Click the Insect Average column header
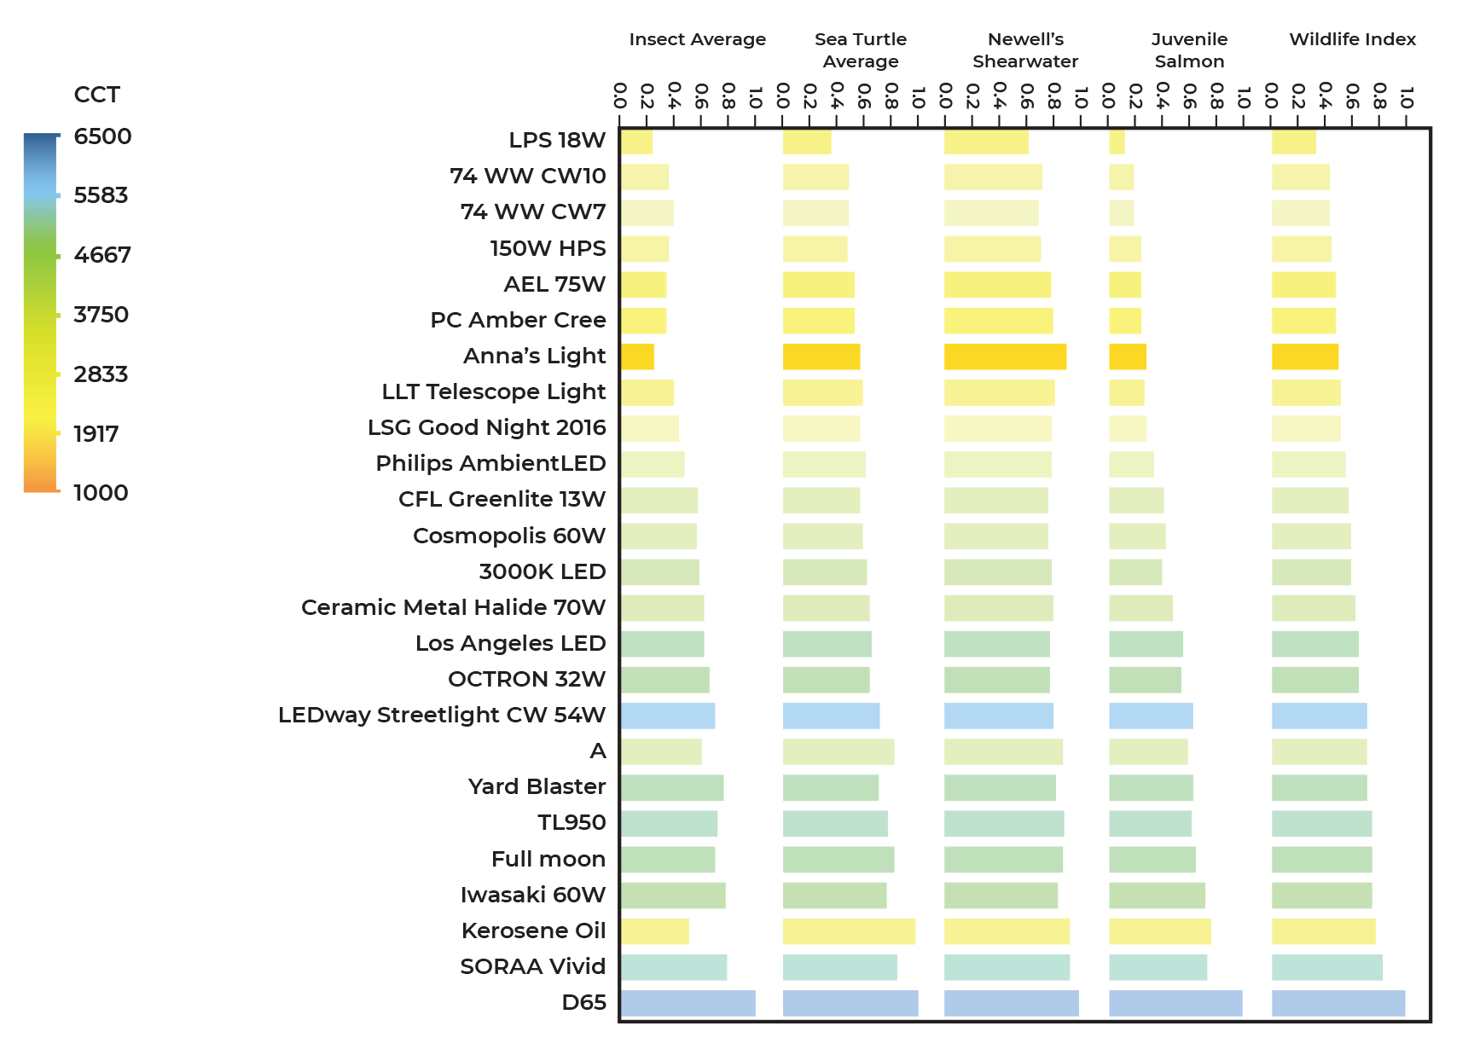point(697,39)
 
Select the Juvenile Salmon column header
point(1189,50)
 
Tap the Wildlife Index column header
point(1352,39)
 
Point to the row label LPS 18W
point(557,140)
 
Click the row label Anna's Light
point(534,356)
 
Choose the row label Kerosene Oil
point(533,930)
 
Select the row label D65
point(583,1002)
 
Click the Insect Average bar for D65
point(688,1003)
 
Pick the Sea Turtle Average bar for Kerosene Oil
point(849,931)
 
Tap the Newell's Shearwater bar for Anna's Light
point(1005,356)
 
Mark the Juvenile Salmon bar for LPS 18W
point(1117,142)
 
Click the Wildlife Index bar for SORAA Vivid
point(1326,967)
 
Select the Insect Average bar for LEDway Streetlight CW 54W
point(667,716)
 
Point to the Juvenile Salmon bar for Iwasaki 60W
point(1157,896)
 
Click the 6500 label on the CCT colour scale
point(102,136)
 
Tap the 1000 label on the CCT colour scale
point(101,493)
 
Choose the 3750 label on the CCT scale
point(101,315)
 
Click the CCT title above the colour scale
point(96,95)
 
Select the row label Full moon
point(548,859)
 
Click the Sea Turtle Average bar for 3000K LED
point(824,572)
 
